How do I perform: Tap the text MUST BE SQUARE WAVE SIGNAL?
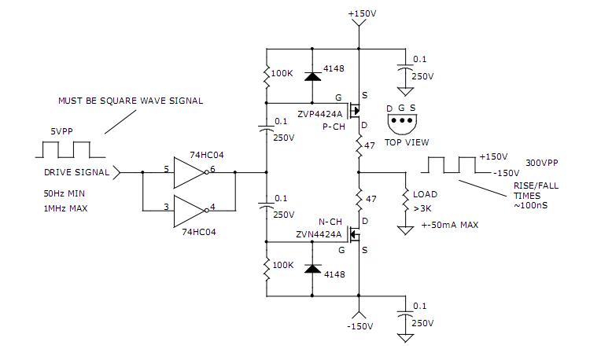[x=130, y=101]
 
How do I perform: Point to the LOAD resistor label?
[x=425, y=194]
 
